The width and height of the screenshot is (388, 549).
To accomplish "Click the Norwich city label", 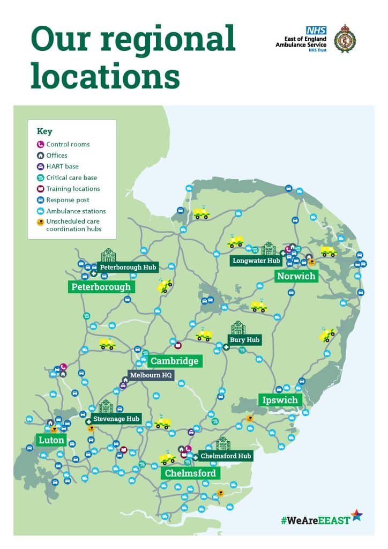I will [x=296, y=276].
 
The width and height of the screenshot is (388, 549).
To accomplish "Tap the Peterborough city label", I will [x=101, y=287].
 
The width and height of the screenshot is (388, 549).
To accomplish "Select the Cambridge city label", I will [x=174, y=361].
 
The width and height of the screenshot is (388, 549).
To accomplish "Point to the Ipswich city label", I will [x=280, y=400].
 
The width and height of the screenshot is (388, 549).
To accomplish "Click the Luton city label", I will [x=51, y=440].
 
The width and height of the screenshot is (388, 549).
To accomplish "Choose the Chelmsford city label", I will [x=190, y=473].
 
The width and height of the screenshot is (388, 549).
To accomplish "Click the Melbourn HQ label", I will [x=151, y=375].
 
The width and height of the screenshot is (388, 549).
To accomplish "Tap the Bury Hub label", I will [x=244, y=340].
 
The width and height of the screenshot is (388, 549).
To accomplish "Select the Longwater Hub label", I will [x=256, y=261].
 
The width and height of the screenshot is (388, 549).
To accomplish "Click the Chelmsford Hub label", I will [x=225, y=456].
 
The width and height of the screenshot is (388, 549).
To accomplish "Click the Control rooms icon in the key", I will [x=40, y=144].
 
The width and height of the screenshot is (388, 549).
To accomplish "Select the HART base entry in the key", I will [x=62, y=166].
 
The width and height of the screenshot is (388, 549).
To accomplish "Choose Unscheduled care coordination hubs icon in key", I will [x=40, y=221].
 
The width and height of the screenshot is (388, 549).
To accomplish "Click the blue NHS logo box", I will [x=312, y=31].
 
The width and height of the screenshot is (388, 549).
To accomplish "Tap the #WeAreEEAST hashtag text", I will [x=315, y=520].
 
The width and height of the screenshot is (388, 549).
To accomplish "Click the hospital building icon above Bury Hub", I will [x=238, y=328].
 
